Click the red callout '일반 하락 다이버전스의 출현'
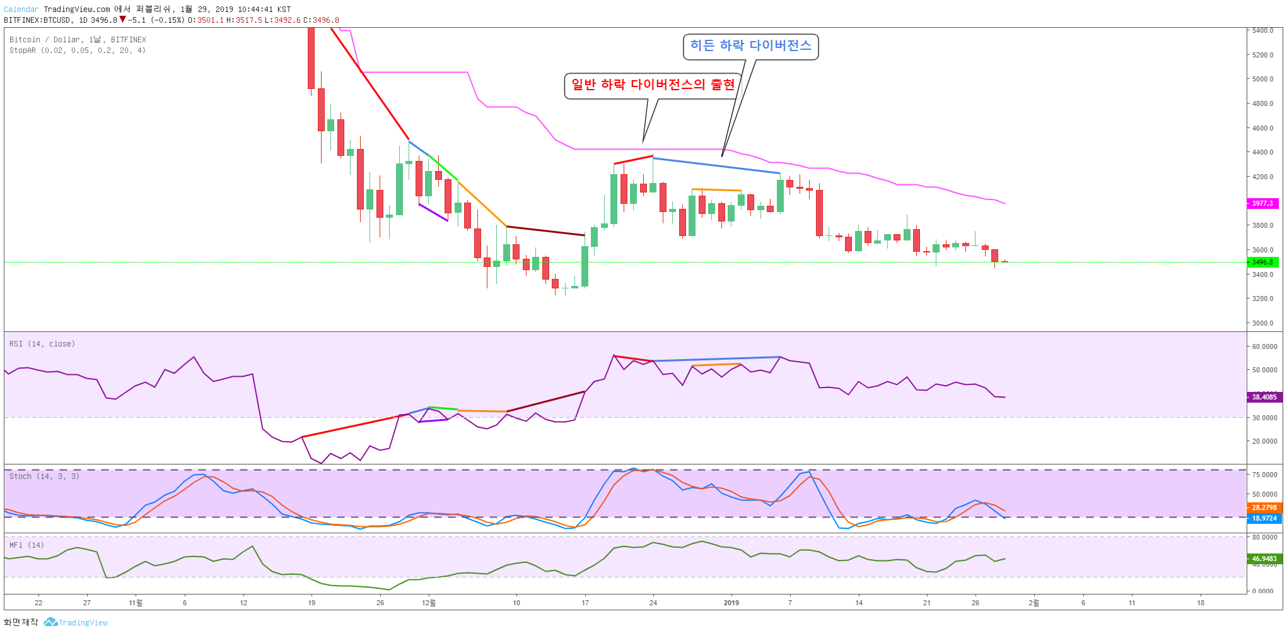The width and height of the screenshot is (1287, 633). pyautogui.click(x=653, y=85)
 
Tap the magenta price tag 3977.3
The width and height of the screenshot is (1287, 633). pyautogui.click(x=1262, y=203)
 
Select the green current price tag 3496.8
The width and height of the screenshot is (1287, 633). pyautogui.click(x=1262, y=262)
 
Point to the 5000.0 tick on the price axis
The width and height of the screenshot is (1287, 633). pyautogui.click(x=1263, y=79)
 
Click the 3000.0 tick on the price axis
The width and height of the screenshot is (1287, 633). pyautogui.click(x=1263, y=323)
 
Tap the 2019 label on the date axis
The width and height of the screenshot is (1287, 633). pyautogui.click(x=731, y=603)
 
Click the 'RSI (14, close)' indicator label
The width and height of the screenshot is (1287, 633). pyautogui.click(x=42, y=344)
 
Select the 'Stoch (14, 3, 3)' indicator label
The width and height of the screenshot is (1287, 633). pyautogui.click(x=44, y=476)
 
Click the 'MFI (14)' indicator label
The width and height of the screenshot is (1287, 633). pyautogui.click(x=26, y=545)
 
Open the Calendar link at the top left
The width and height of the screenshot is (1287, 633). pyautogui.click(x=21, y=9)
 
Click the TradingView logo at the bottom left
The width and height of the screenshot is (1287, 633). pyautogui.click(x=76, y=622)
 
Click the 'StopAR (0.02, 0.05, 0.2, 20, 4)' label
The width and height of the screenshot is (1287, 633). pyautogui.click(x=78, y=50)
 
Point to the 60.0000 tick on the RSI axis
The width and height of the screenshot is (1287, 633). pyautogui.click(x=1265, y=346)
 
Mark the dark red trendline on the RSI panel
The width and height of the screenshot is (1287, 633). pyautogui.click(x=546, y=401)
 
